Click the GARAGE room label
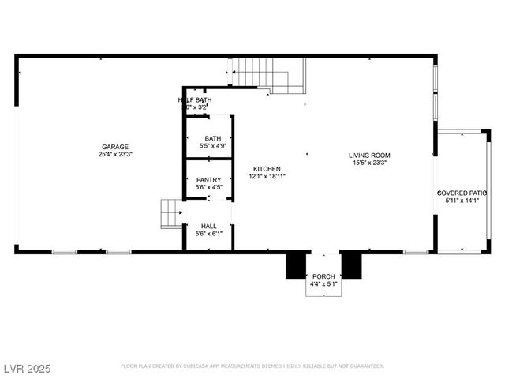[114, 147]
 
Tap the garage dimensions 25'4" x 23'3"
[114, 155]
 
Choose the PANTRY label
[208, 180]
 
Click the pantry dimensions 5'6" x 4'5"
[208, 188]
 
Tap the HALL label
[208, 226]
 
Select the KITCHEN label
[267, 169]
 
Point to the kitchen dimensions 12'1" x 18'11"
[267, 177]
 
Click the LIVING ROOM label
[369, 155]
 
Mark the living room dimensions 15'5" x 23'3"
[369, 163]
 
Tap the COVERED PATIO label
[462, 193]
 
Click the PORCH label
[324, 276]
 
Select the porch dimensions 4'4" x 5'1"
[324, 283]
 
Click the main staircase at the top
[268, 75]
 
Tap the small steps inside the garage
[171, 213]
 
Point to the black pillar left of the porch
[297, 265]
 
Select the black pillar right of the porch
[351, 265]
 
